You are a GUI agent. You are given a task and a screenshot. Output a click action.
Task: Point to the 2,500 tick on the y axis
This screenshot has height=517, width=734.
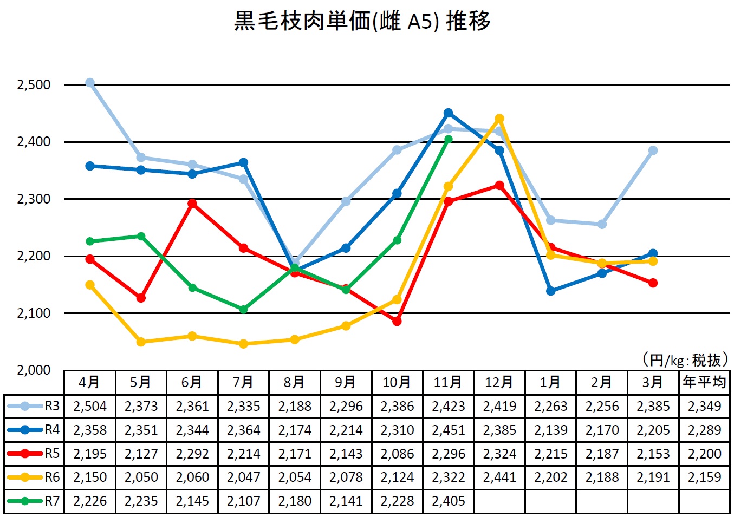click(x=34, y=85)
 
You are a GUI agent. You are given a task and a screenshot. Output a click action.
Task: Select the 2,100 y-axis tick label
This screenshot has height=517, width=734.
click(x=34, y=313)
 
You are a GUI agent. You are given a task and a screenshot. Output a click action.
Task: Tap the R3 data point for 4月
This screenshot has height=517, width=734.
click(x=90, y=83)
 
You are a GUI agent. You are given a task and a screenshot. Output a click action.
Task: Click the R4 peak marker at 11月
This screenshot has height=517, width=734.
click(x=448, y=113)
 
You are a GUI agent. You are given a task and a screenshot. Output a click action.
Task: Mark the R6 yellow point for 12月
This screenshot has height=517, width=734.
click(x=499, y=119)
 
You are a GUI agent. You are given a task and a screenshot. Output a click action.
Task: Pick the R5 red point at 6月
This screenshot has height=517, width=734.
click(x=192, y=204)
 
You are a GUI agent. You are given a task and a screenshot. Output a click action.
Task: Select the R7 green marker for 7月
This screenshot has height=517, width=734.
click(x=243, y=310)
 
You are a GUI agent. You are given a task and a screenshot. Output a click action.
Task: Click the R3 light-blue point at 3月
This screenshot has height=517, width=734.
click(x=653, y=150)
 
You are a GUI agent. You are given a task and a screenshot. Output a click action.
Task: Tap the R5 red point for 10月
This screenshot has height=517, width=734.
click(x=397, y=321)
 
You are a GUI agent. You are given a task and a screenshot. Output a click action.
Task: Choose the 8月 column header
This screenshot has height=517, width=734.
click(x=294, y=382)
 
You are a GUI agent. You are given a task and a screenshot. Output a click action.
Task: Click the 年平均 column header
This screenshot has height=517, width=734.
click(x=704, y=382)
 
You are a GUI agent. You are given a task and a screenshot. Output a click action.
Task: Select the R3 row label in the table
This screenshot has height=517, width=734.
click(x=52, y=406)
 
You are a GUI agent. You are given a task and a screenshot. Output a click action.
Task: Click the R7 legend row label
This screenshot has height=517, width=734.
click(x=52, y=501)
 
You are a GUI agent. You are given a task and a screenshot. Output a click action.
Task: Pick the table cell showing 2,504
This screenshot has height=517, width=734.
click(x=90, y=406)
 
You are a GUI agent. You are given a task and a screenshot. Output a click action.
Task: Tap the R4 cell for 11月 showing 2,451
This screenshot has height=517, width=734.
click(x=448, y=430)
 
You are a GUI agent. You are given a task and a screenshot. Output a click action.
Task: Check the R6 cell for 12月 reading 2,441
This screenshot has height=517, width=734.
click(x=499, y=477)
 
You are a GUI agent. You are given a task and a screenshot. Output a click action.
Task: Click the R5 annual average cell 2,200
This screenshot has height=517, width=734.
click(x=704, y=454)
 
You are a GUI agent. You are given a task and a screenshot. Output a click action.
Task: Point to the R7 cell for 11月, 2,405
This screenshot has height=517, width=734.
click(x=448, y=501)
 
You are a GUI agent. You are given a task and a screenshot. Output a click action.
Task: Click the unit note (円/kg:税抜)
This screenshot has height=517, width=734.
click(x=685, y=360)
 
